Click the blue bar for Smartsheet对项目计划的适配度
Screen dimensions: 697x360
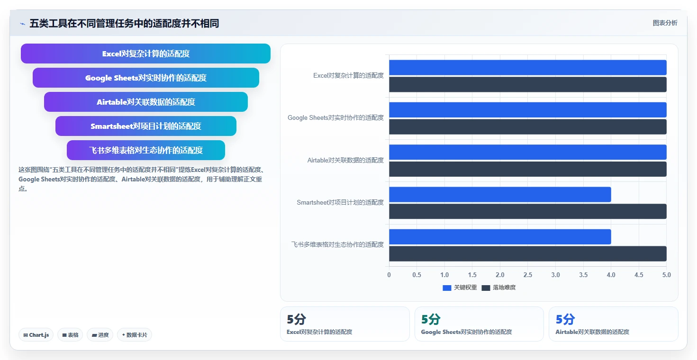[500, 195]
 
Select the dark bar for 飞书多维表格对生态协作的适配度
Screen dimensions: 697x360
[528, 253]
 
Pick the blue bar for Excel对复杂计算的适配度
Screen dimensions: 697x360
[528, 68]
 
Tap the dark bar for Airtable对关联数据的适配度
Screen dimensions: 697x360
[528, 169]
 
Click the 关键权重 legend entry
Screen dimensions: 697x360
[460, 288]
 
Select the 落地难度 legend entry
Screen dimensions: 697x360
[498, 288]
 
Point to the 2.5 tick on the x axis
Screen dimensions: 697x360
[528, 275]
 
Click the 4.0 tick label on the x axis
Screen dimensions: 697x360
[611, 275]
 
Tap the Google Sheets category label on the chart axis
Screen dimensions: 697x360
[335, 117]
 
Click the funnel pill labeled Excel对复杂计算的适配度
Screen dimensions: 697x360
[145, 54]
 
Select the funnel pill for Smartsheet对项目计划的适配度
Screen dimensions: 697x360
[145, 126]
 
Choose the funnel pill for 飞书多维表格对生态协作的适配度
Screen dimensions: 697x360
[145, 150]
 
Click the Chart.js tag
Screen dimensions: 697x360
[36, 335]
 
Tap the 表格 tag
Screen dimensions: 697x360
[70, 335]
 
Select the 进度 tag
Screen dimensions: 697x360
[100, 335]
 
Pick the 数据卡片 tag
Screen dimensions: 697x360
[135, 335]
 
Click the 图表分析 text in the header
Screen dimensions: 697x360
[665, 23]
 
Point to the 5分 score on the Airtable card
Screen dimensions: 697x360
[565, 319]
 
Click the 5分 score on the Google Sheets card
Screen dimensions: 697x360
[431, 319]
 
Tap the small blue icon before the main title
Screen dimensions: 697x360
[22, 24]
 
